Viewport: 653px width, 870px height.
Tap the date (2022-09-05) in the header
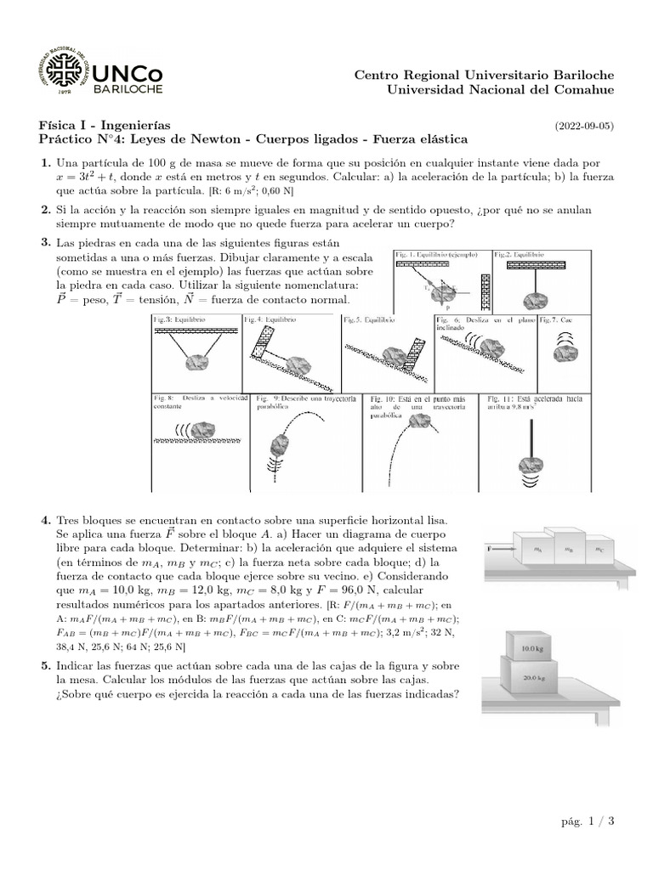[584, 126]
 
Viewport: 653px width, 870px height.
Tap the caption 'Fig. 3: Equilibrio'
[179, 320]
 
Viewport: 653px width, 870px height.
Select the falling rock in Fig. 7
[565, 353]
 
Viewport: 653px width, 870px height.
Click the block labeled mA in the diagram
[537, 550]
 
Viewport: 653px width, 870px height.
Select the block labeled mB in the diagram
[569, 548]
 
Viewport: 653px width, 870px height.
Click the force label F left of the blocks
[490, 550]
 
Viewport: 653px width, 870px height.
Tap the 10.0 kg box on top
[531, 647]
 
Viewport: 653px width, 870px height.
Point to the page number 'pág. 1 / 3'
[588, 821]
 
